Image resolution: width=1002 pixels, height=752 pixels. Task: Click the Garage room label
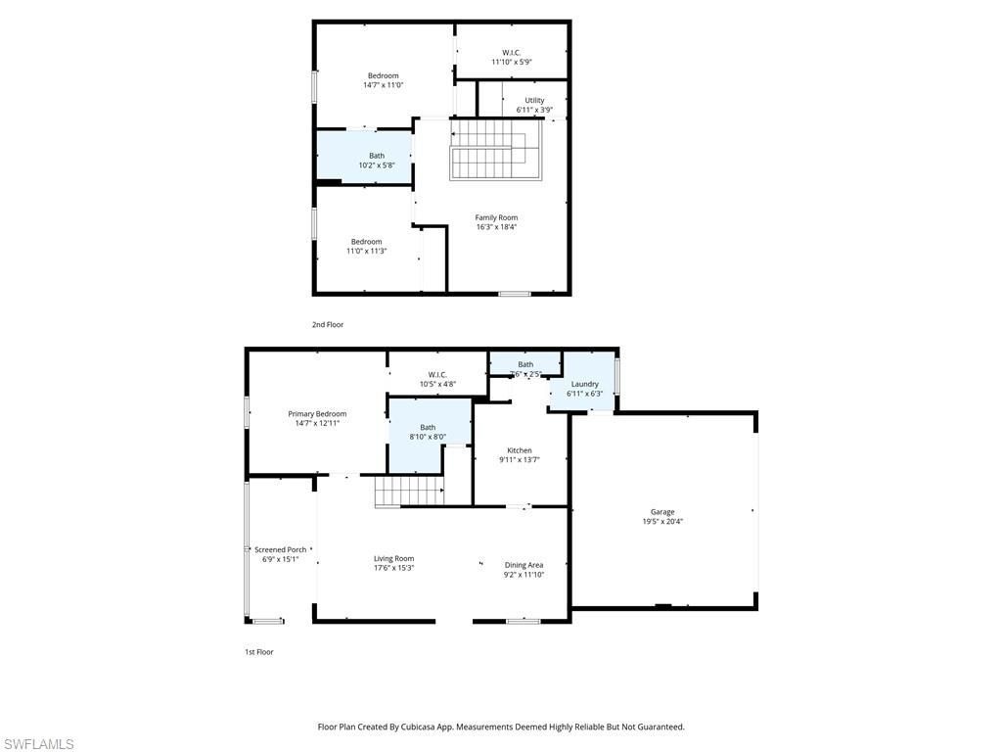662,512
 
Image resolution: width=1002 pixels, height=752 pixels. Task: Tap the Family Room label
496,217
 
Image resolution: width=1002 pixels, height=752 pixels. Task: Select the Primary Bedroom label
317,414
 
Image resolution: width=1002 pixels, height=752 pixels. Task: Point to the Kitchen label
519,450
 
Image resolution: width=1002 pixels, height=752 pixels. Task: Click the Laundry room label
584,384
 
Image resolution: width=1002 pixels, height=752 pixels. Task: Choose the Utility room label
534,100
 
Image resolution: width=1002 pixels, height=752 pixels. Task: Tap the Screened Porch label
281,550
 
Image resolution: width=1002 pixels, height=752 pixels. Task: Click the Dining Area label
524,565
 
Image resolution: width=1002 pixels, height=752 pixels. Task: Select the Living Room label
393,559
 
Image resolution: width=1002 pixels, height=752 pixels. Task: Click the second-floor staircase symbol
496,150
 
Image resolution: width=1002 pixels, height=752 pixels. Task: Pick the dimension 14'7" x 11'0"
383,85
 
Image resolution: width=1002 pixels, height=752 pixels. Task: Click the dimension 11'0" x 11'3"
367,251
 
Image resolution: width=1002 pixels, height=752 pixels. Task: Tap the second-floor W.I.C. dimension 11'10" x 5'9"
511,62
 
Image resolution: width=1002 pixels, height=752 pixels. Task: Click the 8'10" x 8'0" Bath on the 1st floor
428,432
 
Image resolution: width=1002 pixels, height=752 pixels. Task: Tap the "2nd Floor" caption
328,324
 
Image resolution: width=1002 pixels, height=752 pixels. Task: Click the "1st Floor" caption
258,651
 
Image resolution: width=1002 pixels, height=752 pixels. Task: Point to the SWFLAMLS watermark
37,744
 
